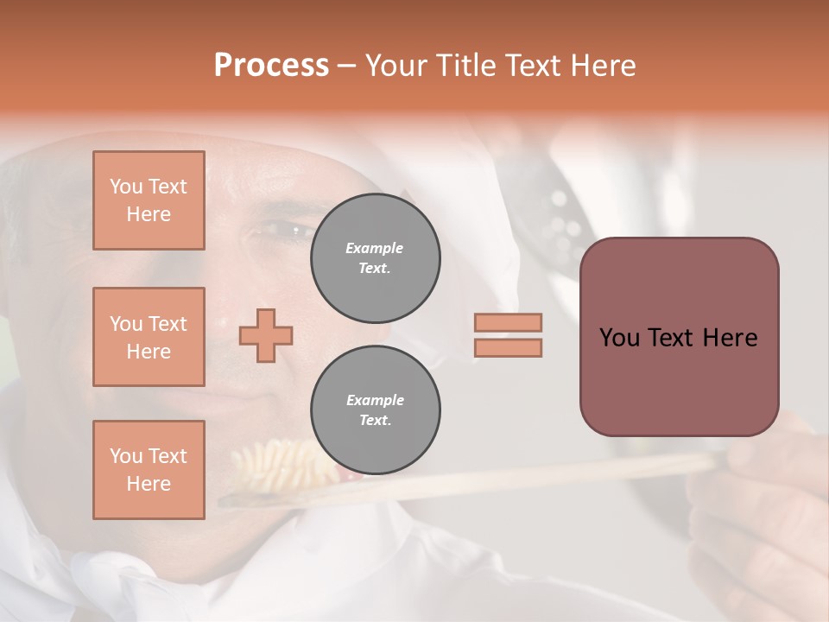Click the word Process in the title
tap(271, 66)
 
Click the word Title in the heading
tap(466, 66)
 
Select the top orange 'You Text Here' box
tap(149, 200)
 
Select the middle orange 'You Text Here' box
tap(149, 337)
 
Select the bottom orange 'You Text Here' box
tap(149, 470)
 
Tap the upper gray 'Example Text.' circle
tap(375, 258)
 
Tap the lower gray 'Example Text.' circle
tap(375, 410)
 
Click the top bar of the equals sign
tap(509, 323)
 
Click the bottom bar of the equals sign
tap(509, 348)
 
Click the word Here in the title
tap(604, 66)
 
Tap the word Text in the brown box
tap(670, 338)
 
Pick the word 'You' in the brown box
tap(619, 338)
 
